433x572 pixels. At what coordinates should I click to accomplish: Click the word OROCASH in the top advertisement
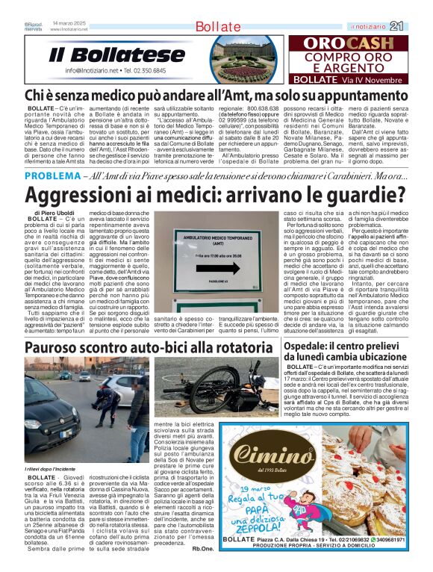(352, 44)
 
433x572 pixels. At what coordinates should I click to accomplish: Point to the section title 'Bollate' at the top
(216, 27)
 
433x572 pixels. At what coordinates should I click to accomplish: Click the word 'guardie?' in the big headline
(361, 195)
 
